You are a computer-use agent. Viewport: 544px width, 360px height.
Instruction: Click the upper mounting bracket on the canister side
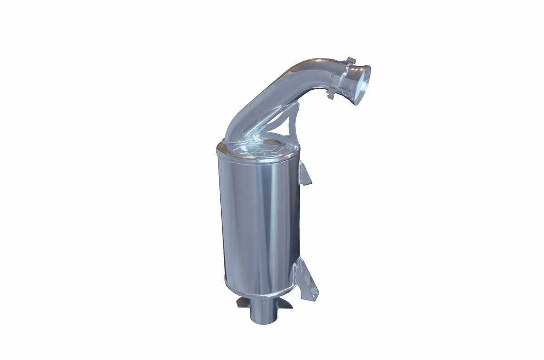coord(306,175)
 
